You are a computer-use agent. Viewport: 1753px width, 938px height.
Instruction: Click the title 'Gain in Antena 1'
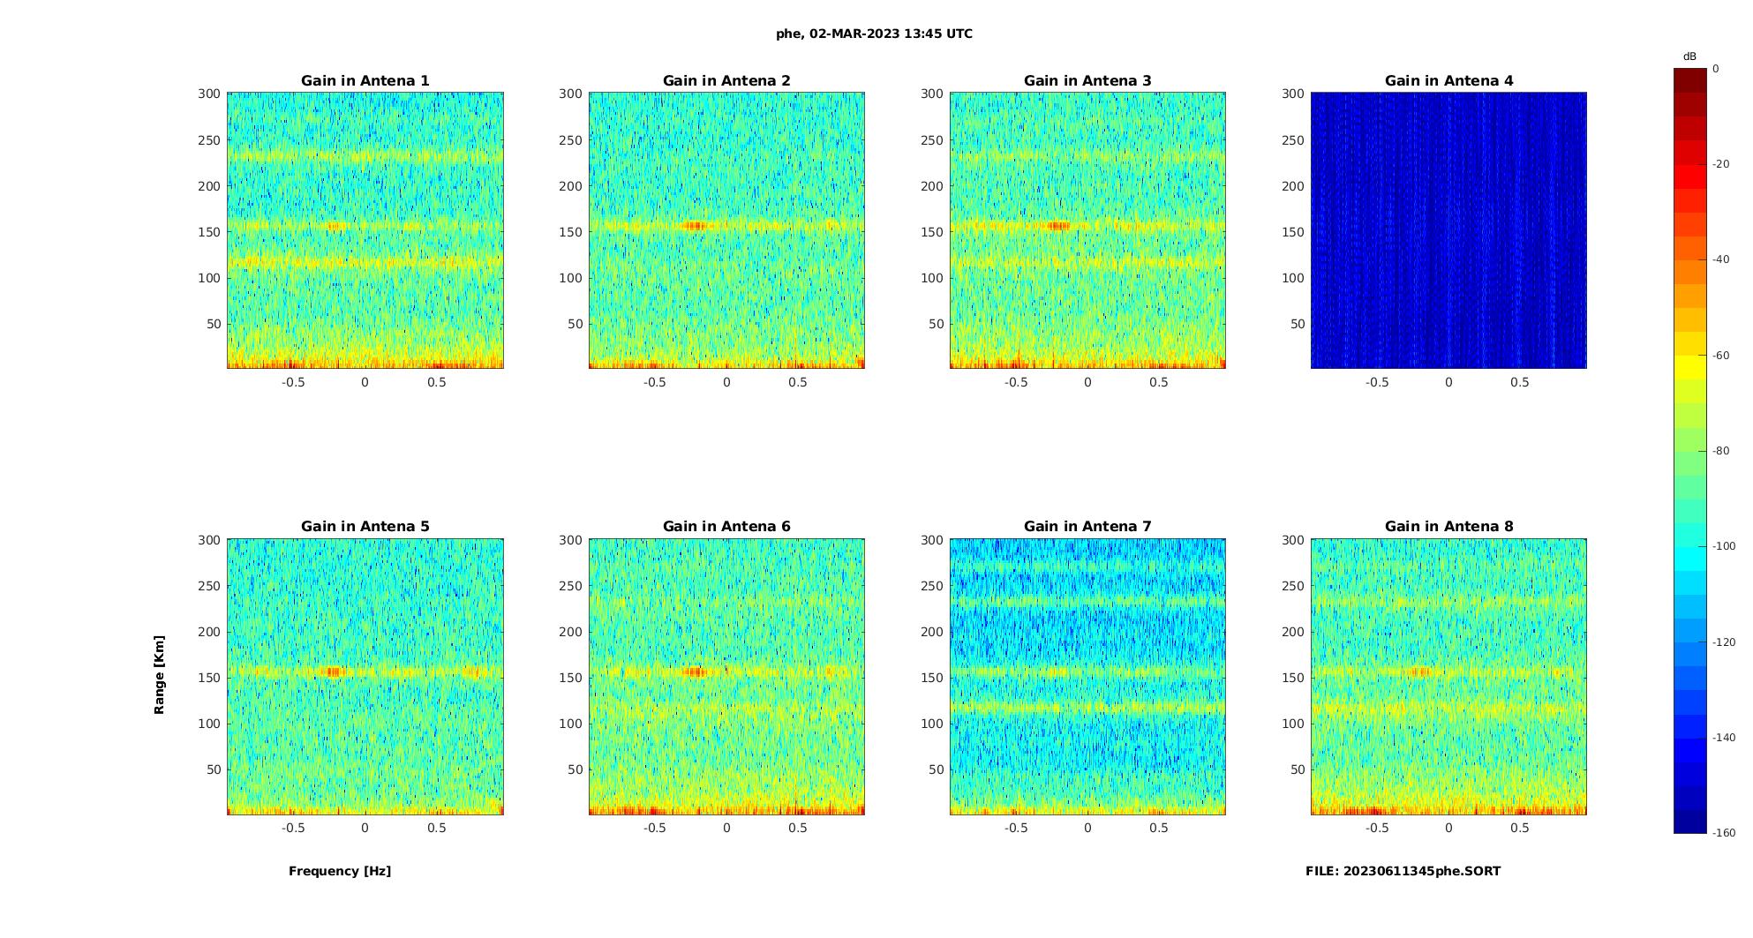(365, 81)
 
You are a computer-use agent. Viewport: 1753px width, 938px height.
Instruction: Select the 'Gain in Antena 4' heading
(1448, 81)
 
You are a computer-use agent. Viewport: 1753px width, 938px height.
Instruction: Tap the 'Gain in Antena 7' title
(1087, 527)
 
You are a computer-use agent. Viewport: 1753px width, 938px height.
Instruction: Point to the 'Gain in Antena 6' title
(726, 527)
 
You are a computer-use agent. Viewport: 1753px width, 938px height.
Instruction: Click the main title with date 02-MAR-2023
(874, 34)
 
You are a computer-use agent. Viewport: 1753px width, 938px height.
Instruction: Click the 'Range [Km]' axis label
(160, 675)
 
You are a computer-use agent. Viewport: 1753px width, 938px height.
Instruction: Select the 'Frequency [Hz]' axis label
(340, 871)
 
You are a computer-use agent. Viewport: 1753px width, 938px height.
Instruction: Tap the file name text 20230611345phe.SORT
(1403, 871)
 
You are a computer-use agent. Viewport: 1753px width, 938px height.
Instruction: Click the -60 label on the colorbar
(1720, 356)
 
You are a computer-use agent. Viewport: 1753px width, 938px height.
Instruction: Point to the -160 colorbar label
(1723, 833)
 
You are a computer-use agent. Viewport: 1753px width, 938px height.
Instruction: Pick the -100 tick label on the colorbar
(1723, 546)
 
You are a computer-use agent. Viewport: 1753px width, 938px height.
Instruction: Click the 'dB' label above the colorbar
(1689, 56)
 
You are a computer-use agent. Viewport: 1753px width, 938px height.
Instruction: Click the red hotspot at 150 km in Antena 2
(696, 226)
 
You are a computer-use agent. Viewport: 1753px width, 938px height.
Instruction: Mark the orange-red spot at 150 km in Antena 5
(333, 672)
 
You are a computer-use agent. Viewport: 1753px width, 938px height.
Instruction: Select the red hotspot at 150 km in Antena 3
(1057, 226)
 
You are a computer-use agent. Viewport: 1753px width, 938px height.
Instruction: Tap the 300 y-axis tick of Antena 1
(208, 94)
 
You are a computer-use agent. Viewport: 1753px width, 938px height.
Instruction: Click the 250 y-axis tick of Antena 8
(1292, 586)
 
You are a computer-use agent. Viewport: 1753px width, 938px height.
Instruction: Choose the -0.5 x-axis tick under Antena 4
(1377, 382)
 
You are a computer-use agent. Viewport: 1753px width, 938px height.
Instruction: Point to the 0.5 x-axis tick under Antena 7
(1159, 828)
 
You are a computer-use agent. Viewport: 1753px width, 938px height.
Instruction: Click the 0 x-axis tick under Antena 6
(726, 828)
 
